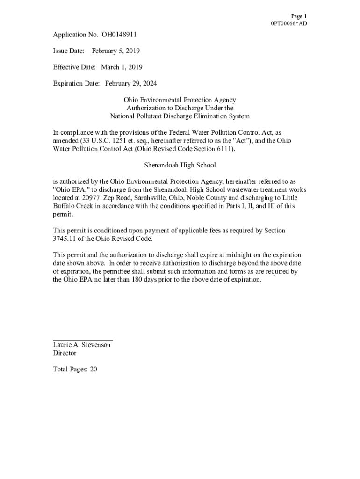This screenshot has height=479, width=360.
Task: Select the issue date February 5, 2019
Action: tap(115, 51)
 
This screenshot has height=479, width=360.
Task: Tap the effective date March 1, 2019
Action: tap(122, 67)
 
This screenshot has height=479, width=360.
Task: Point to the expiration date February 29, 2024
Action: tap(131, 84)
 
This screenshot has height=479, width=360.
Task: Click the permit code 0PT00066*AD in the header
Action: tap(289, 24)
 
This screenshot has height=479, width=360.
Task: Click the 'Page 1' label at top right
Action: tap(299, 16)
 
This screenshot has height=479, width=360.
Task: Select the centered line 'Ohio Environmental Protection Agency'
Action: tap(180, 100)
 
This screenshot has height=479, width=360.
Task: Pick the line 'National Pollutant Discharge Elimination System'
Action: tap(180, 116)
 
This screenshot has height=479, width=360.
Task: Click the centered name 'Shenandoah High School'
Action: tap(180, 166)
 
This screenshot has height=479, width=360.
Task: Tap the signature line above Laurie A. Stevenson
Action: tap(83, 340)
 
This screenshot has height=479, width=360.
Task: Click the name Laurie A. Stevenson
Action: tap(82, 345)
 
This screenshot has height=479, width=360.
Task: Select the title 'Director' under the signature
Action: tap(65, 353)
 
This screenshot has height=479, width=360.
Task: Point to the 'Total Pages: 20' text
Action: tap(75, 370)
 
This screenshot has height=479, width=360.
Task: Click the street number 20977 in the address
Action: tap(91, 198)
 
